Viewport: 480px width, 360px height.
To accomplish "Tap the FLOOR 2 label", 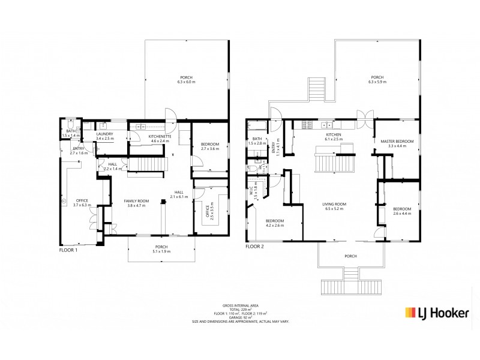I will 255,246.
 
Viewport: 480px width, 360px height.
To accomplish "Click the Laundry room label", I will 104,136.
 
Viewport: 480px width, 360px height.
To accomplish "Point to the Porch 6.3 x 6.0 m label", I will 187,79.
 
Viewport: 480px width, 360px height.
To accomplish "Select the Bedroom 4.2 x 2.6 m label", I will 275,223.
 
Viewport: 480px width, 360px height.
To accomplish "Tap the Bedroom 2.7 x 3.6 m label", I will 210,146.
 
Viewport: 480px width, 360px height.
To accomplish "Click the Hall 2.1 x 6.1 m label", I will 179,195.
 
